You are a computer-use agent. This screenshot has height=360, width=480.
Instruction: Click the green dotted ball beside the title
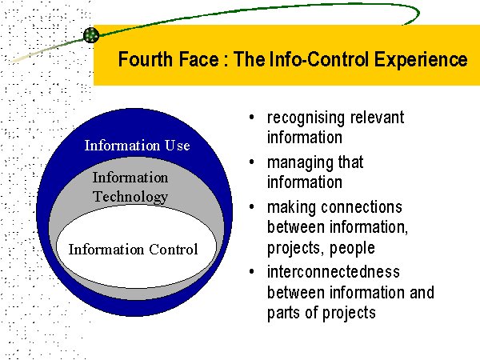(x=91, y=34)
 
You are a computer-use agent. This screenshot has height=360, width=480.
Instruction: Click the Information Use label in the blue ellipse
(x=137, y=146)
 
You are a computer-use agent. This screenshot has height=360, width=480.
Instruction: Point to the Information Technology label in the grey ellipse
(x=130, y=187)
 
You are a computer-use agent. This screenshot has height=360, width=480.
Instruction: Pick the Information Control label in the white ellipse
(x=133, y=250)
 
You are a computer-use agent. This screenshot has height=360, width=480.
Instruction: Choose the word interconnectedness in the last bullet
(x=334, y=272)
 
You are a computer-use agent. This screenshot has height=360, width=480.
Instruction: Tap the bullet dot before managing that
(x=253, y=162)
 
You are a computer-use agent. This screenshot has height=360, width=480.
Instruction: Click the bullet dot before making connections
(x=253, y=206)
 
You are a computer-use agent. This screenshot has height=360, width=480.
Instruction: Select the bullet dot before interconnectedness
(x=253, y=272)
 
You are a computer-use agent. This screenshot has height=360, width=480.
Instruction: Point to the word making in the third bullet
(x=291, y=206)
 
